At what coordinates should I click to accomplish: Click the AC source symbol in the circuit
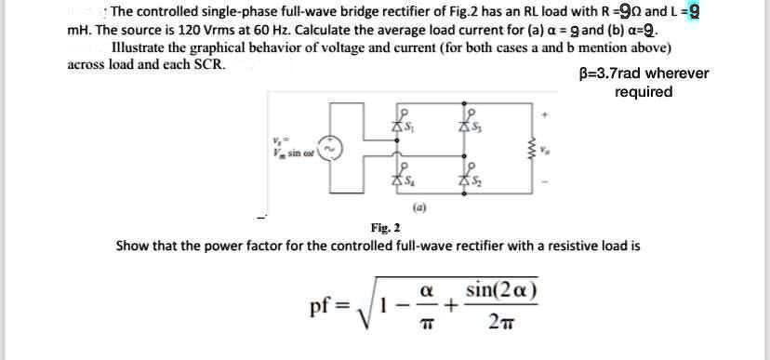(333, 149)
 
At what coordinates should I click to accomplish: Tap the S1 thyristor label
(407, 126)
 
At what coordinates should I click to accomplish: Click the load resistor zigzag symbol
(534, 149)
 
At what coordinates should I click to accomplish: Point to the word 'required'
(644, 91)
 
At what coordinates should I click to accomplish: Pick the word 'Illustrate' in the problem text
(144, 47)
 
